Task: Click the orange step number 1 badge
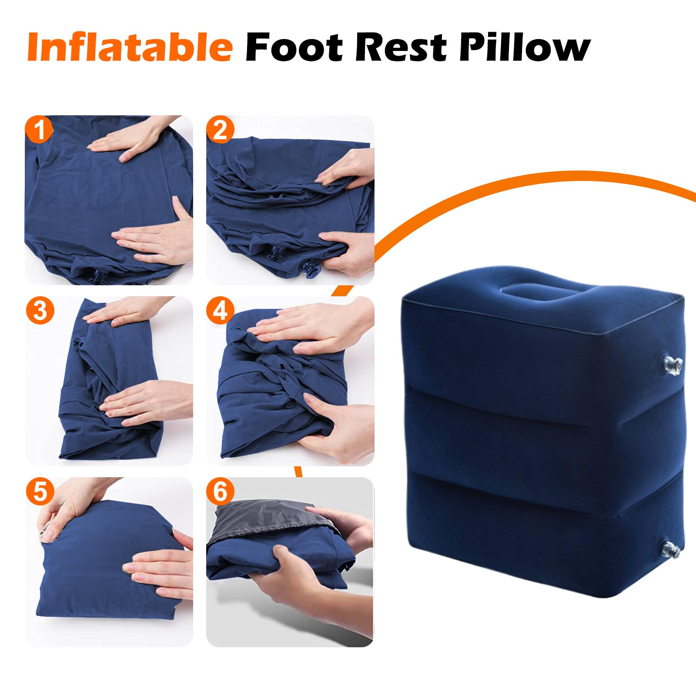[x=39, y=130]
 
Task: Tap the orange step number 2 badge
[x=221, y=130]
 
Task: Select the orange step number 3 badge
[x=39, y=311]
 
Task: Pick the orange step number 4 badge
[x=221, y=311]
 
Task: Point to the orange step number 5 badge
[x=39, y=492]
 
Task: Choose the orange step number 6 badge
[x=221, y=492]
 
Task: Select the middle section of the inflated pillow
[x=539, y=435]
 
